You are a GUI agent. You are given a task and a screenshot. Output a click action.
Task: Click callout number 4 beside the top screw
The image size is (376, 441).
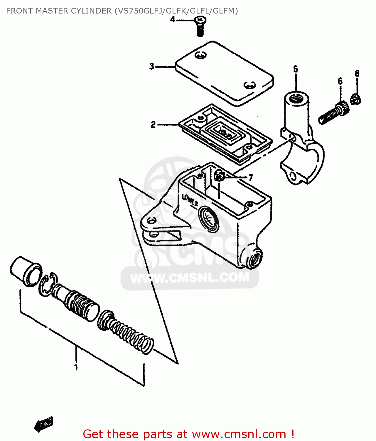tap(173, 20)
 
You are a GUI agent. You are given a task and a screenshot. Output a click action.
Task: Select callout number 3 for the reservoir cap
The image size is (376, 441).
tap(152, 66)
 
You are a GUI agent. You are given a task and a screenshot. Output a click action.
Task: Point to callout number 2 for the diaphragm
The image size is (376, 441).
tap(153, 125)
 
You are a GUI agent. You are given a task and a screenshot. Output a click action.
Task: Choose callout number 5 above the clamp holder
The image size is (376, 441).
tap(296, 69)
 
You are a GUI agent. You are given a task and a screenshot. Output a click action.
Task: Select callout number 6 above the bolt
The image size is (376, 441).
tap(340, 81)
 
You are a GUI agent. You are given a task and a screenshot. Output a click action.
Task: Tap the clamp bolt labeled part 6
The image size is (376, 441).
tap(334, 113)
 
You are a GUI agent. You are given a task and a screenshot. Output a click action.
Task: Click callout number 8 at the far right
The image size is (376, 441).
tap(357, 73)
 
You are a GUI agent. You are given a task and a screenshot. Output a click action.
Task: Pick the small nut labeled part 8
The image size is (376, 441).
tap(356, 99)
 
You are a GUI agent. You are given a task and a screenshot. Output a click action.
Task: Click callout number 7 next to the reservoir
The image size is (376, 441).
tap(250, 178)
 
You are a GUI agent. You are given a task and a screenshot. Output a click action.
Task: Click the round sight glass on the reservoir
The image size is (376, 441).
tap(208, 219)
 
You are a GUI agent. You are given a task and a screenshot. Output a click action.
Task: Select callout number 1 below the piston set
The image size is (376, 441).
tap(76, 367)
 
